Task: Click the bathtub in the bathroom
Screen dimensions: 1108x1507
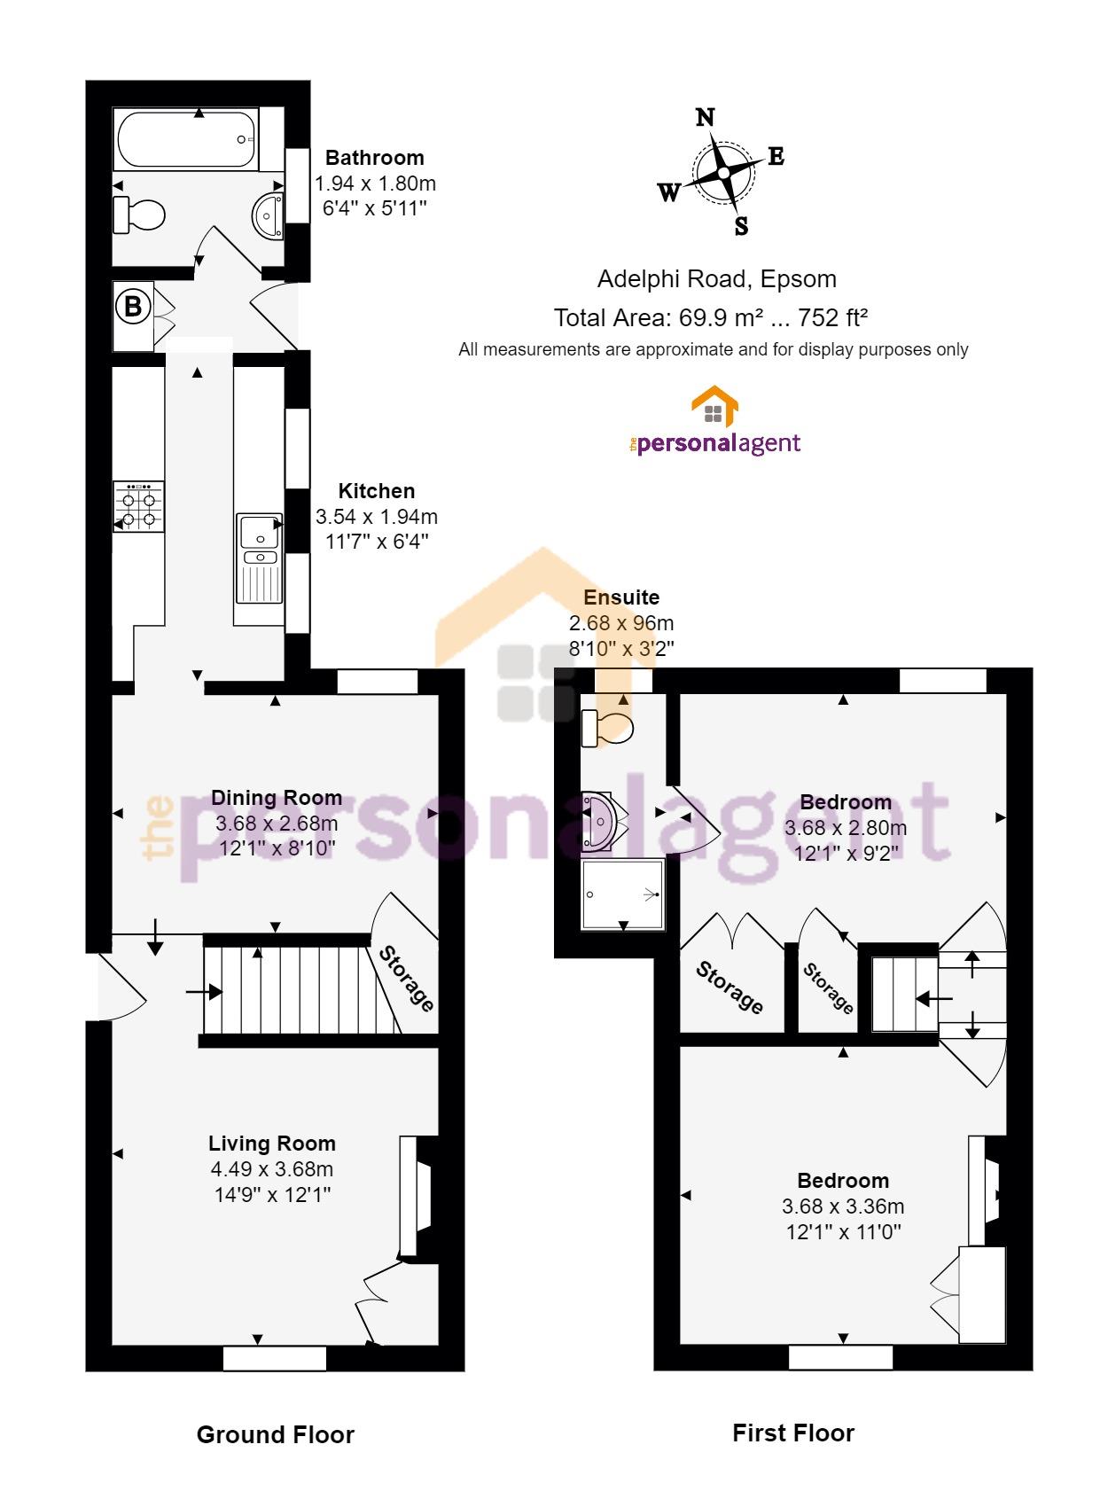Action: pyautogui.click(x=185, y=139)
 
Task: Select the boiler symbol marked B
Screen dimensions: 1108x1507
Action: pyautogui.click(x=133, y=307)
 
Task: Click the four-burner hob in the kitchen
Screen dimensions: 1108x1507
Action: pyautogui.click(x=138, y=506)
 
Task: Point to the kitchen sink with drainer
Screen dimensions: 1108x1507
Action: pyautogui.click(x=259, y=558)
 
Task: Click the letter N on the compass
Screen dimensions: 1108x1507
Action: pyautogui.click(x=705, y=118)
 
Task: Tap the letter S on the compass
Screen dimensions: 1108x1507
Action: pyautogui.click(x=741, y=226)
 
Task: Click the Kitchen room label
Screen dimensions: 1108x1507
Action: pyautogui.click(x=377, y=490)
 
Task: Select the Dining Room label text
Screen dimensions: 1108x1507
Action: pyautogui.click(x=277, y=797)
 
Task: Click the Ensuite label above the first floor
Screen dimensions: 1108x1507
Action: pyautogui.click(x=621, y=597)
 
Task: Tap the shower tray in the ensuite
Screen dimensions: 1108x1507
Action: pyautogui.click(x=623, y=894)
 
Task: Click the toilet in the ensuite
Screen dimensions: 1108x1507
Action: pyautogui.click(x=607, y=728)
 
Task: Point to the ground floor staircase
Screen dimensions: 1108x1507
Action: pyautogui.click(x=303, y=989)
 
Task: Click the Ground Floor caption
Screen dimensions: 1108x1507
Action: pyautogui.click(x=275, y=1434)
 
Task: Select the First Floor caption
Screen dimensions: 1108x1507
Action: pyautogui.click(x=793, y=1433)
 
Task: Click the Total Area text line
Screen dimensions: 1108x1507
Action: pyautogui.click(x=711, y=317)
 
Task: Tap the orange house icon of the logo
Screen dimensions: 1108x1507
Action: pyautogui.click(x=714, y=406)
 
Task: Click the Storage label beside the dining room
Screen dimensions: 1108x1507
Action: pyautogui.click(x=406, y=979)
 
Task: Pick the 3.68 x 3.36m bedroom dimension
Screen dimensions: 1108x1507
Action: pyautogui.click(x=843, y=1206)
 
